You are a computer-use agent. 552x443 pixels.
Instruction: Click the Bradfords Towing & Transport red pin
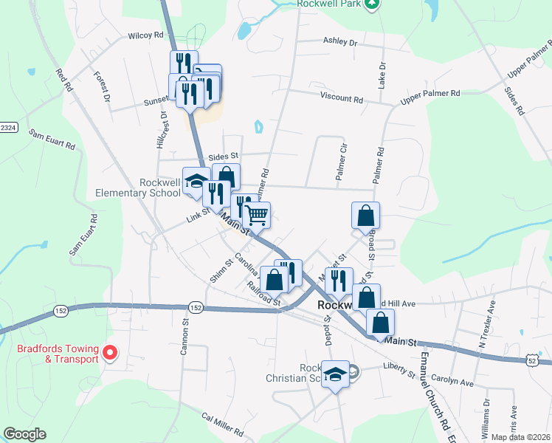click(x=110, y=352)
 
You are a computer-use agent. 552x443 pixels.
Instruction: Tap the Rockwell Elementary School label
click(x=138, y=188)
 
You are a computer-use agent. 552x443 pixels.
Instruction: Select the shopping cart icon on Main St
click(x=256, y=215)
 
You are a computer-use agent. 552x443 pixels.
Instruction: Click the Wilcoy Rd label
click(x=145, y=35)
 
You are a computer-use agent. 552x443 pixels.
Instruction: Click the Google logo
click(x=24, y=434)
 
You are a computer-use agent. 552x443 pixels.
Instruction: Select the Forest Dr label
click(x=102, y=86)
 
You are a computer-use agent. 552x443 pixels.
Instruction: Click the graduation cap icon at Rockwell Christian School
click(x=336, y=374)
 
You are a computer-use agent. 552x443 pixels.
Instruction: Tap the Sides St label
click(x=224, y=157)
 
